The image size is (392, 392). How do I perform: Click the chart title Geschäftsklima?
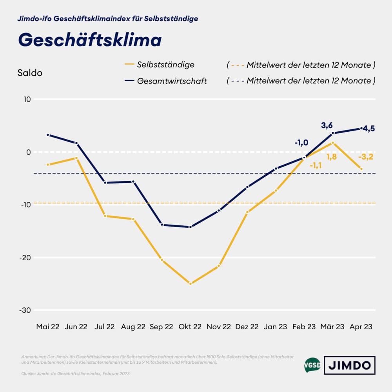tap(90, 40)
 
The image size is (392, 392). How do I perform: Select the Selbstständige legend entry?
tap(165, 65)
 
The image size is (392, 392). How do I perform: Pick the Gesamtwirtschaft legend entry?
tap(172, 81)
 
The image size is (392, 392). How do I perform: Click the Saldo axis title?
tap(30, 73)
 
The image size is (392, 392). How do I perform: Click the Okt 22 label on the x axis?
tap(191, 327)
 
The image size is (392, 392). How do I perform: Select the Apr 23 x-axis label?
tap(361, 327)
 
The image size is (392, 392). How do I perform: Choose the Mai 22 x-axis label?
tap(48, 327)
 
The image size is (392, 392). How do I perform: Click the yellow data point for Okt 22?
tap(191, 283)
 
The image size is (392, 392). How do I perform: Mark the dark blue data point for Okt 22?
tap(191, 227)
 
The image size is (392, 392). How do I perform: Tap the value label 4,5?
tap(368, 129)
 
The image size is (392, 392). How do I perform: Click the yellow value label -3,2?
tap(365, 157)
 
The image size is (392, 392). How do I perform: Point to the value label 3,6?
tap(327, 125)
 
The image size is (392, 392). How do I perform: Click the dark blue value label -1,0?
tap(301, 143)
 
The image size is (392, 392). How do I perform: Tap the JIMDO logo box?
tap(349, 365)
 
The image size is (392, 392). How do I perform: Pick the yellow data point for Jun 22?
tap(76, 158)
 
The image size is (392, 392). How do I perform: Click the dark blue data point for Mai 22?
tap(48, 135)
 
